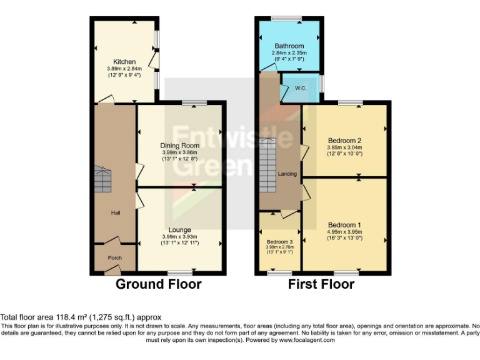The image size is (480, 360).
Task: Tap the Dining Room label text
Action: [179, 146]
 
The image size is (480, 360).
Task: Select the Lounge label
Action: [179, 230]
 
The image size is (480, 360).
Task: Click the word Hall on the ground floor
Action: [115, 213]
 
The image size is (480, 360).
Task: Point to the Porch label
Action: [114, 257]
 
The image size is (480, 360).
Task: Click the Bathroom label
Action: [289, 46]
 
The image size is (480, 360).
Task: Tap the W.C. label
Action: [300, 88]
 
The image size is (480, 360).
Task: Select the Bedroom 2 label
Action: [344, 141]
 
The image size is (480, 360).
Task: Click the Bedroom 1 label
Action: [344, 224]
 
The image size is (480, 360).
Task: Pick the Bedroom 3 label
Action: [279, 242]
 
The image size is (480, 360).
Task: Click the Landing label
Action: [288, 174]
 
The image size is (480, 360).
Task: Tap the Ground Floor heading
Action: [159, 284]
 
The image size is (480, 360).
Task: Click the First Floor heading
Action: [321, 284]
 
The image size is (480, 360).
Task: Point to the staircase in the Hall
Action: [103, 180]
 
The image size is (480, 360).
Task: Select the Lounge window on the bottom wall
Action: [179, 271]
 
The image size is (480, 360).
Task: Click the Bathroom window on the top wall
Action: [290, 19]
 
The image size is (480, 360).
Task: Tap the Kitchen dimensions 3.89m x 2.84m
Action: [124, 68]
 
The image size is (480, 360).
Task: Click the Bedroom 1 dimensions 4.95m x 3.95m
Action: [344, 231]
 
